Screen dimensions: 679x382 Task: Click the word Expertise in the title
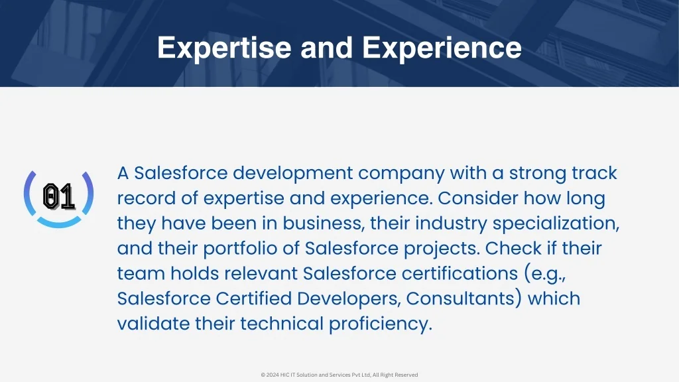(224, 48)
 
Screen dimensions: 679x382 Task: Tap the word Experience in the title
(442, 48)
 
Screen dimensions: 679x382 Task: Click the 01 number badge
(59, 197)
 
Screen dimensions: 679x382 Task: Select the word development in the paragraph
(292, 173)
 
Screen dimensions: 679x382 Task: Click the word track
(594, 173)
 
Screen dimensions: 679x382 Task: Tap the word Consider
(477, 198)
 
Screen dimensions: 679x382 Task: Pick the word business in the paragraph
(322, 223)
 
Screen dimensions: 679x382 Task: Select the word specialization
(556, 224)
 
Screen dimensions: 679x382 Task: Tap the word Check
(506, 248)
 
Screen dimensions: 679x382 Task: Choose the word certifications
(460, 273)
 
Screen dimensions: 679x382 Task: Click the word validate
(153, 324)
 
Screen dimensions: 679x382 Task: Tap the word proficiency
(381, 324)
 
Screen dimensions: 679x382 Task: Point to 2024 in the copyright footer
(273, 375)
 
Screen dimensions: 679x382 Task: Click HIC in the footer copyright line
(285, 375)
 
